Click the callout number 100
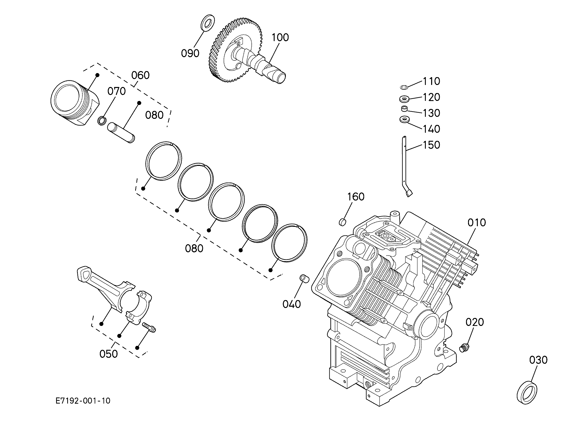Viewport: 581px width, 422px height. [280, 38]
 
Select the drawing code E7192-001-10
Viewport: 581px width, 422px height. [83, 401]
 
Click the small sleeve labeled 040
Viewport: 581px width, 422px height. [304, 278]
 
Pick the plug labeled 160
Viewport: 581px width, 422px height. [342, 222]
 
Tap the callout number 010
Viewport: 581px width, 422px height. [476, 223]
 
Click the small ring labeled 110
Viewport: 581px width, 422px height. [404, 87]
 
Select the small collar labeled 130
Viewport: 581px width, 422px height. [404, 109]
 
